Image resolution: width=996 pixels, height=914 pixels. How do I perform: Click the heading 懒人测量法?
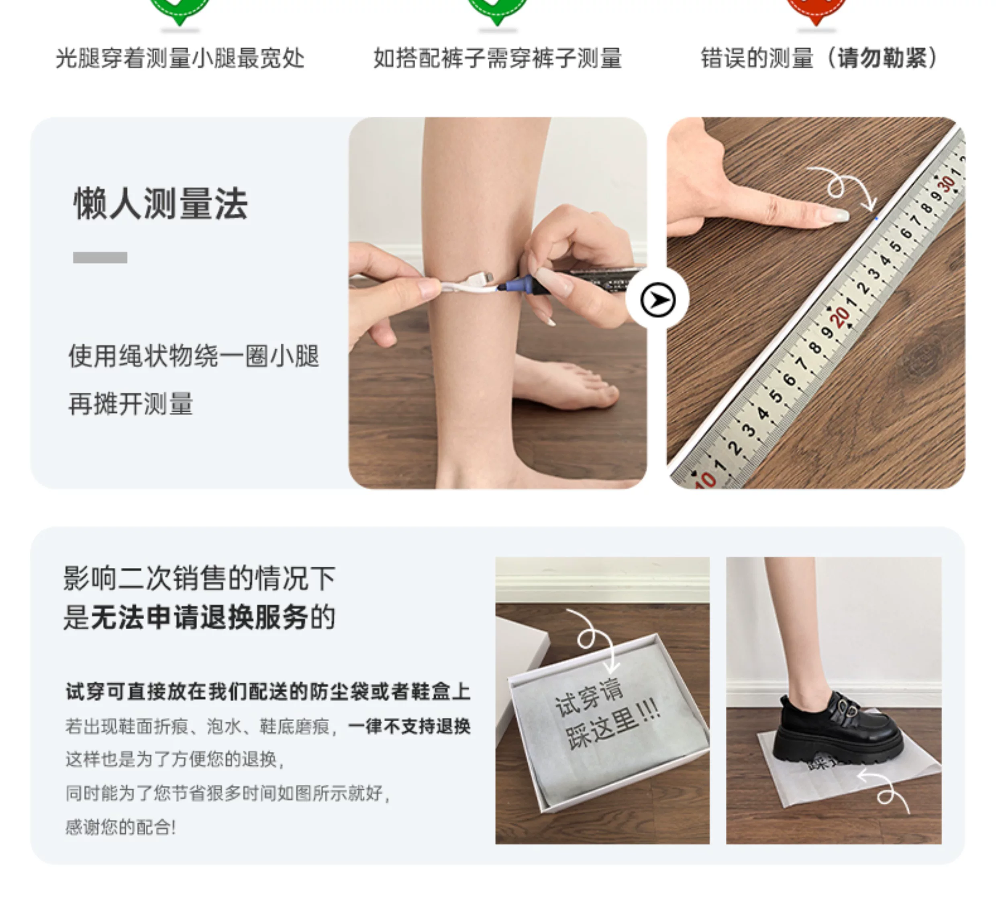[160, 204]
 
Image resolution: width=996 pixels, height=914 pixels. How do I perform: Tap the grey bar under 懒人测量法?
[100, 257]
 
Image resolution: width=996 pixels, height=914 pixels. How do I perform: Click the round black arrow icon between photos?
[657, 300]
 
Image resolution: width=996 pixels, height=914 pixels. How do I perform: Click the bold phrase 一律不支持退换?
[409, 726]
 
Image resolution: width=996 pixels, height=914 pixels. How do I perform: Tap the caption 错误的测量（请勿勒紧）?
[819, 58]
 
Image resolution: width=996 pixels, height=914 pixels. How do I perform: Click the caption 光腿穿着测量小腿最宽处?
[180, 58]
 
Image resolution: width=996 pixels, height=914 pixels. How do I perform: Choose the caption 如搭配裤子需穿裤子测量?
[498, 58]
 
